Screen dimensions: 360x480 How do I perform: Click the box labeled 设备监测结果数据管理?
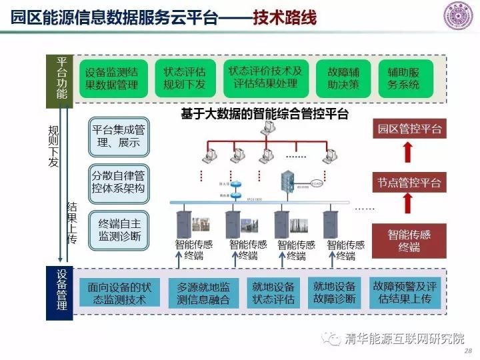pos(111,78)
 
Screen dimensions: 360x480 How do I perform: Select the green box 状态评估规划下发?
pos(184,78)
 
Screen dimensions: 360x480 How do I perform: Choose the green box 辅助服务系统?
pos(403,78)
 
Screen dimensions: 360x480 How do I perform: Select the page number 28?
pos(467,351)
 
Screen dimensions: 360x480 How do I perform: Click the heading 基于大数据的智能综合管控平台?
pos(265,114)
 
